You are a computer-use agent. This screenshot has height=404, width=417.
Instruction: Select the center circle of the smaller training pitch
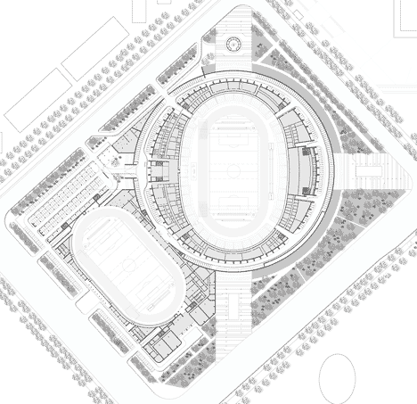126,268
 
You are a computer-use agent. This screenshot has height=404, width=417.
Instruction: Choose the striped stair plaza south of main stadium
234,317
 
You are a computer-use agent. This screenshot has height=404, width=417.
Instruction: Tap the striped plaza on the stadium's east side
368,177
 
